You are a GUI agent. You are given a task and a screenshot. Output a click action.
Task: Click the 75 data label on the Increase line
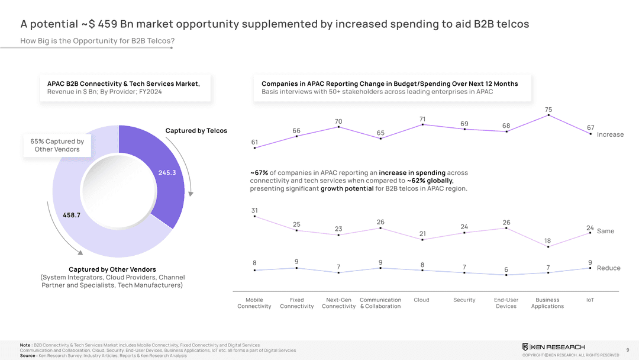[548, 110]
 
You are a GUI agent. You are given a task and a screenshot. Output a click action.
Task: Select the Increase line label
[610, 134]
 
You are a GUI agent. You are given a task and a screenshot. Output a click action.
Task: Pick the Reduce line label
[608, 268]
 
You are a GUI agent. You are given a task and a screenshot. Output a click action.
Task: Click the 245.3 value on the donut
[167, 173]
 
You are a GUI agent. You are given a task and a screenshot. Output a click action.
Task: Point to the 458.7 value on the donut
[71, 216]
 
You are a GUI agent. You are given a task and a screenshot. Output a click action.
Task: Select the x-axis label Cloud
[421, 300]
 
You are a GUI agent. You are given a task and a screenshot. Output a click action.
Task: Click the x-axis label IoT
[590, 300]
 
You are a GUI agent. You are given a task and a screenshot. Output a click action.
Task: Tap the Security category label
[464, 300]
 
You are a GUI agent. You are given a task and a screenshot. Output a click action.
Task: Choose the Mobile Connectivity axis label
[254, 303]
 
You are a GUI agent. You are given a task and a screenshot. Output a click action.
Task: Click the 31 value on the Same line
[254, 210]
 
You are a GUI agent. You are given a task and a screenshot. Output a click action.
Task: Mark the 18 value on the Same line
[547, 241]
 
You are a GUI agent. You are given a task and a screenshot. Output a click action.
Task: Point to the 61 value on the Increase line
[254, 142]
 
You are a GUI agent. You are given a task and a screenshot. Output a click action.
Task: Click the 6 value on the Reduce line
[506, 270]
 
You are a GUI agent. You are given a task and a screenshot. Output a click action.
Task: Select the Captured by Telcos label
[196, 131]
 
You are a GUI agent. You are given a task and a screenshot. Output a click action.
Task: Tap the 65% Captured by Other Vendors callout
[57, 146]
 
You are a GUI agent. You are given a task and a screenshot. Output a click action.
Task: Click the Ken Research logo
[553, 346]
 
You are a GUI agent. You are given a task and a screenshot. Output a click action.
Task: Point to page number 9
[627, 349]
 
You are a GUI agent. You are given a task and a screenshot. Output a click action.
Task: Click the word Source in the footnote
[27, 356]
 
